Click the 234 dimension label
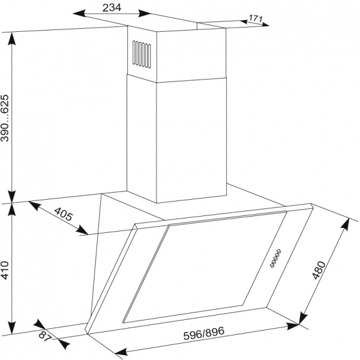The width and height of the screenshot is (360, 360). coord(112,8)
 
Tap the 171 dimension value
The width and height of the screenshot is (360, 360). coord(256,19)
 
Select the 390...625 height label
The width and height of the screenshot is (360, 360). coord(5,118)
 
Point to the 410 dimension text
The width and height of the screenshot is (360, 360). coord(5,270)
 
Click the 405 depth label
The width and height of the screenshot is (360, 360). coord(63,214)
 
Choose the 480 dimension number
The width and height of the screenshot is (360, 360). coord(319,270)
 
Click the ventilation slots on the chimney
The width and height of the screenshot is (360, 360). coord(142,55)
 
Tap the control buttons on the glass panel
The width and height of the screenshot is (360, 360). coord(275,258)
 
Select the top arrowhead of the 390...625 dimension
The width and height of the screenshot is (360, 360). coord(12,38)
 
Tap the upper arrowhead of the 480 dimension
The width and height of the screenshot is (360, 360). coord(346,225)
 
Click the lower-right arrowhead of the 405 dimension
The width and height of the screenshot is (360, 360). coord(82,230)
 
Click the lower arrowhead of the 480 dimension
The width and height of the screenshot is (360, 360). coord(303,317)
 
